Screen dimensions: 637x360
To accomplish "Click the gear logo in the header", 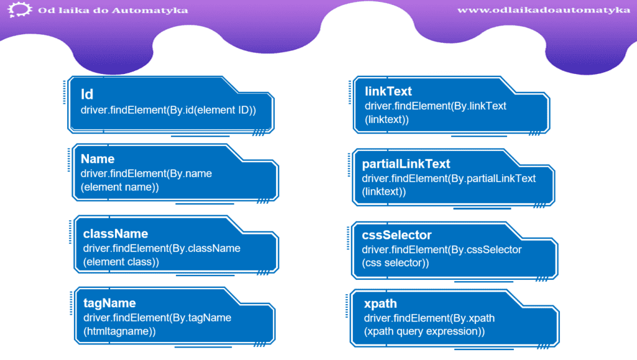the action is [x=19, y=9].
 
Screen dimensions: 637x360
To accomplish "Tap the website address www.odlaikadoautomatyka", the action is [x=544, y=10].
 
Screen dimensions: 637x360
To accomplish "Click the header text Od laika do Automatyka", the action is [x=113, y=10].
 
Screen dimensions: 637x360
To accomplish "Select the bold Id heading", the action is [x=87, y=94].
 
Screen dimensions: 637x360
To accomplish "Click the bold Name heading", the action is [x=98, y=159].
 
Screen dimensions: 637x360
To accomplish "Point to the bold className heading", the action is [x=115, y=234].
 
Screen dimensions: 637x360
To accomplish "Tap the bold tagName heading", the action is [x=109, y=303].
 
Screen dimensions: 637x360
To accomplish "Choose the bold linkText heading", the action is [x=388, y=91].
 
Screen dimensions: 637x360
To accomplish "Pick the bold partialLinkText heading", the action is [x=406, y=164].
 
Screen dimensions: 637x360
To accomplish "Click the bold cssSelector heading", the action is [x=396, y=235].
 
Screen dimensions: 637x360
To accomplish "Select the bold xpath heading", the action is [x=380, y=304].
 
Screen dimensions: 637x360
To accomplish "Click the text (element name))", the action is [x=120, y=187].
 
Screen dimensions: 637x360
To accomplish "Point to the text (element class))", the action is [x=121, y=262].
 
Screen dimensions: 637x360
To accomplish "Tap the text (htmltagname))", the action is [x=119, y=331].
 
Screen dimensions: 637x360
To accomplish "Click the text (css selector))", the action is [x=395, y=263].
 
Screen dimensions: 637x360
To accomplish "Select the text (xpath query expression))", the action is [x=424, y=331].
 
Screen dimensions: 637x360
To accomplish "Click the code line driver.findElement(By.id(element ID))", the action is [x=168, y=111].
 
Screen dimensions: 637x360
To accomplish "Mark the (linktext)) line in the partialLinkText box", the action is [x=384, y=192].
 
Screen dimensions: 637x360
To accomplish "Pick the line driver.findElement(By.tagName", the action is [x=157, y=318].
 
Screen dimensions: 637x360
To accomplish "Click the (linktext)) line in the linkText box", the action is [x=387, y=120].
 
